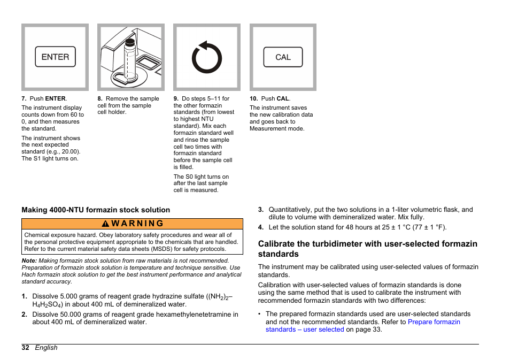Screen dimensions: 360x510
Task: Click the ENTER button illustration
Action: pyautogui.click(x=55, y=57)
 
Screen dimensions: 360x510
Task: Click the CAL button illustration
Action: pyautogui.click(x=283, y=57)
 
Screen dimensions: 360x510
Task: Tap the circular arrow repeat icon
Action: pyautogui.click(x=206, y=57)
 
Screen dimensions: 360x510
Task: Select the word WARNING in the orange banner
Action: pyautogui.click(x=137, y=224)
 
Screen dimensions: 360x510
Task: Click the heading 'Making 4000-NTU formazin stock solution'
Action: pyautogui.click(x=96, y=210)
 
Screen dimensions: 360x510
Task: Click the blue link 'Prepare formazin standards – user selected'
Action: pyautogui.click(x=362, y=326)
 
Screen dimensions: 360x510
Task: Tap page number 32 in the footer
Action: pyautogui.click(x=25, y=347)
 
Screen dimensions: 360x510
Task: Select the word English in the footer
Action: pyautogui.click(x=46, y=347)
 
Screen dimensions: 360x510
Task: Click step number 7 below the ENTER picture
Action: pyautogui.click(x=24, y=99)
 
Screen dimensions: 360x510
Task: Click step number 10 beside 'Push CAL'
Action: pyautogui.click(x=253, y=99)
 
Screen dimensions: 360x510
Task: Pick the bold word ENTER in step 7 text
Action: pyautogui.click(x=55, y=99)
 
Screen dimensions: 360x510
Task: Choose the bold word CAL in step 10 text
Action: pyautogui.click(x=283, y=99)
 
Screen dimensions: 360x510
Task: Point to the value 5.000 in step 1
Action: pyautogui.click(x=69, y=296)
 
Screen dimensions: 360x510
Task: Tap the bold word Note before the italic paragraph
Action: pyautogui.click(x=29, y=261)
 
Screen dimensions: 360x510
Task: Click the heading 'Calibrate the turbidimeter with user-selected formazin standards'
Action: pyautogui.click(x=367, y=249)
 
